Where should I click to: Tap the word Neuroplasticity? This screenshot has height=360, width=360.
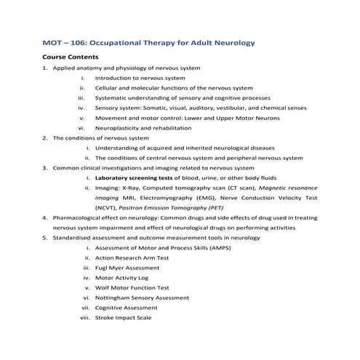119,127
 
